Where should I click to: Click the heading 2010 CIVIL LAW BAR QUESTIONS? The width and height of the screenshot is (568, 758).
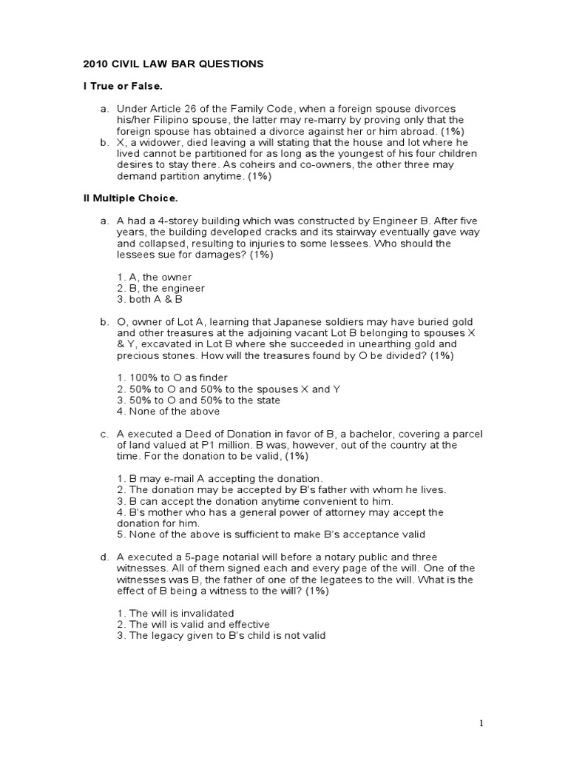coord(173,64)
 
